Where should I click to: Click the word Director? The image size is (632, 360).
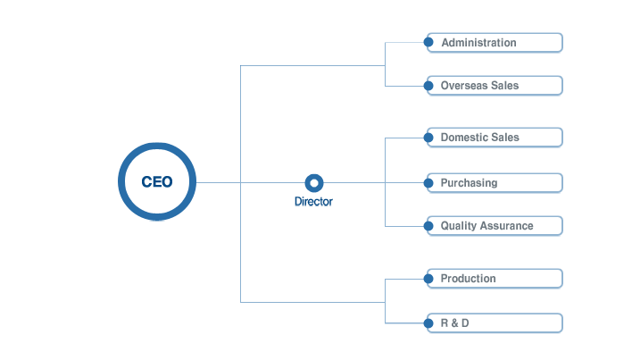pyautogui.click(x=313, y=202)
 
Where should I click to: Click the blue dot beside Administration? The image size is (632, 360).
pyautogui.click(x=428, y=42)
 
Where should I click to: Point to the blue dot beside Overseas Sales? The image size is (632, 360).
pyautogui.click(x=428, y=86)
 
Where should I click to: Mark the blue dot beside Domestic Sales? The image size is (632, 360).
pyautogui.click(x=428, y=138)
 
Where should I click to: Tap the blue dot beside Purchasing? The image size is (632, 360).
pyautogui.click(x=428, y=183)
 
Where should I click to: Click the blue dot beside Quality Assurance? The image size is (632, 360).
pyautogui.click(x=428, y=226)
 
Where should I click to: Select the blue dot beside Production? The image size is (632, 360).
pyautogui.click(x=428, y=279)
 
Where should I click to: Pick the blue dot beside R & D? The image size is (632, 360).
pyautogui.click(x=428, y=322)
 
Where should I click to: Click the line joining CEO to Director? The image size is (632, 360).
pyautogui.click(x=251, y=182)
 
